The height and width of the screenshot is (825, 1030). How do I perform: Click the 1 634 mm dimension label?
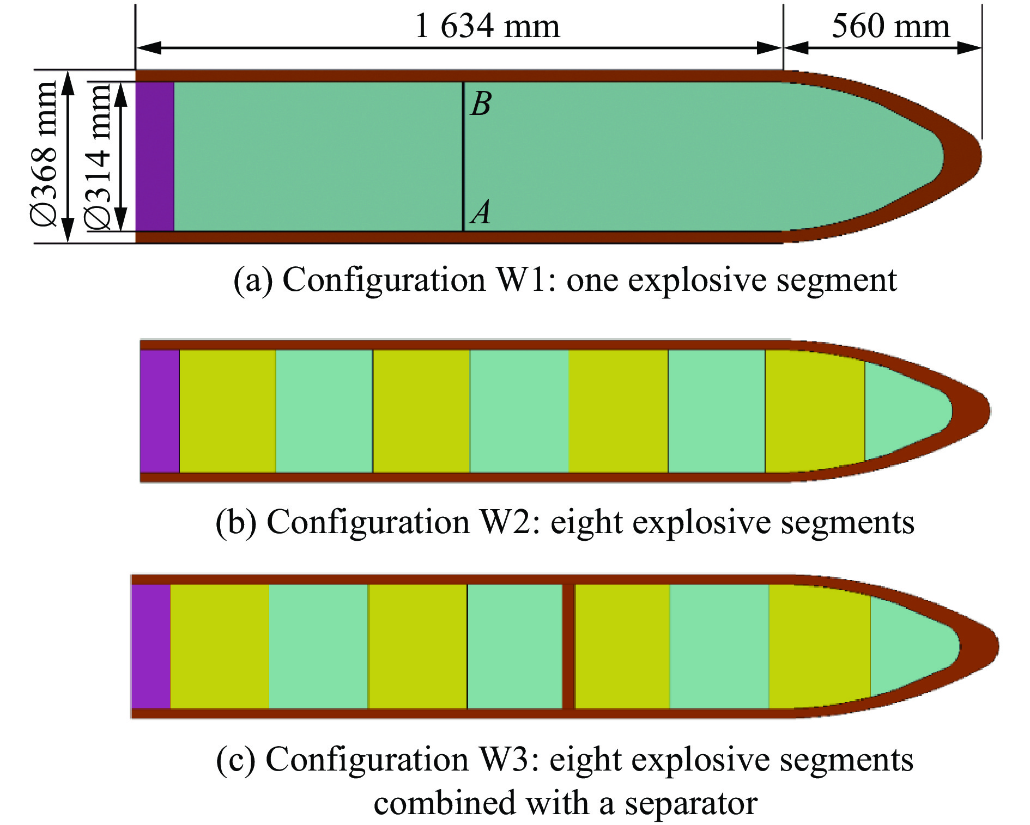pos(487,26)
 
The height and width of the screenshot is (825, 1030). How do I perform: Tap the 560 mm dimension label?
pos(890,26)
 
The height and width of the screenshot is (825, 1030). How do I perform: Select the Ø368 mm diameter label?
pos(44,153)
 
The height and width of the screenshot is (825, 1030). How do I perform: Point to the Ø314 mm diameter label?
pos(98,157)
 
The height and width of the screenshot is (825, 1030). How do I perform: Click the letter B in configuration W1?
pos(481,103)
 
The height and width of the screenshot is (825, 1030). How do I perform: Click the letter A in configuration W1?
pos(480,212)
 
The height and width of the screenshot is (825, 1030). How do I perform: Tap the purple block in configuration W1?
pos(155,156)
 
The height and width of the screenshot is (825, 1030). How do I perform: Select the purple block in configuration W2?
pos(160,411)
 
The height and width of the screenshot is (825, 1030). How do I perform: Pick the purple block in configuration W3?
pos(151,646)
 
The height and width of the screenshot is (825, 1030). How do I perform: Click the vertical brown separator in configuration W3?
pos(568,646)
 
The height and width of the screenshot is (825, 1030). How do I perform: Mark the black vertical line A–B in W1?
pos(463,156)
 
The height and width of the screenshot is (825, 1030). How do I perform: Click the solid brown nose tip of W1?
pos(965,156)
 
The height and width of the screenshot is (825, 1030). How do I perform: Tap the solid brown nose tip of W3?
pos(981,646)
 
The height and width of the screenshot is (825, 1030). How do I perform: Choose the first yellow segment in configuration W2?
pos(228,411)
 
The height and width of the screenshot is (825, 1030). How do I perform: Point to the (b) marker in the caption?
pos(236,522)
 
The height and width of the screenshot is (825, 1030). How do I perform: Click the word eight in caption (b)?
pos(586,523)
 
